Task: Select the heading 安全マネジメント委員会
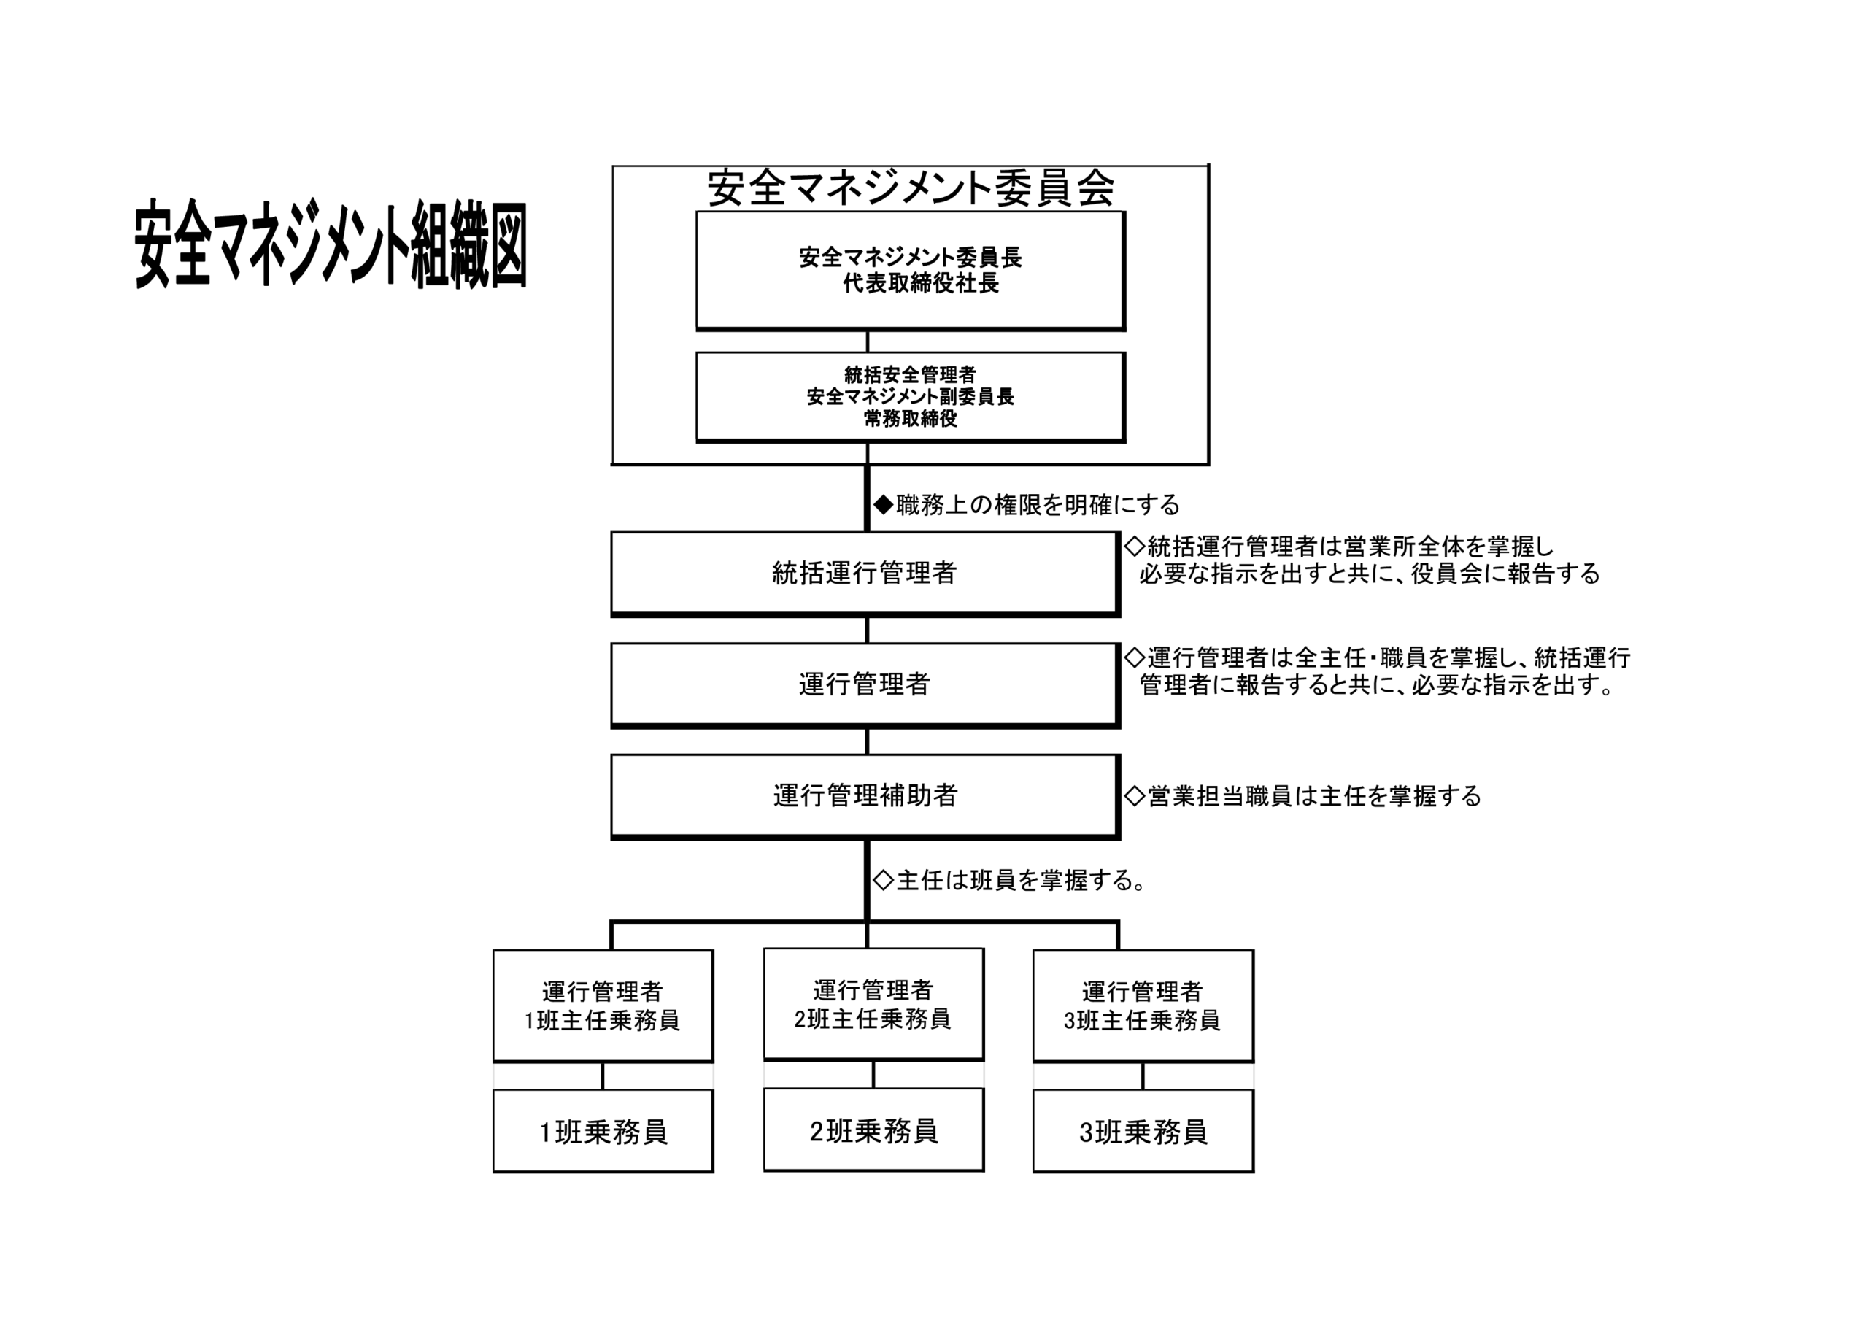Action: click(x=910, y=188)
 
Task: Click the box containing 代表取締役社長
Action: click(x=910, y=270)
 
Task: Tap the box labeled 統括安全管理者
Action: click(x=910, y=396)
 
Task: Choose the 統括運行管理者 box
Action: click(x=864, y=573)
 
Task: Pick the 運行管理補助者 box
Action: click(x=864, y=795)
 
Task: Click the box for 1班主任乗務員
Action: click(x=603, y=1005)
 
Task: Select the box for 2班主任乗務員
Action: click(x=873, y=1003)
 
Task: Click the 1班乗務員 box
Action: click(x=603, y=1131)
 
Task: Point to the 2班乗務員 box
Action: click(x=873, y=1130)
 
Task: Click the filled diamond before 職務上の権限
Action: click(x=883, y=504)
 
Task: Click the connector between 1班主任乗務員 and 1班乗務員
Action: click(x=603, y=1075)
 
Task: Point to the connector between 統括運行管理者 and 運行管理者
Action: click(x=868, y=629)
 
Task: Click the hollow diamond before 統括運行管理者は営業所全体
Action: click(x=1134, y=545)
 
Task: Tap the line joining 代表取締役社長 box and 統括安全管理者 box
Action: click(x=868, y=341)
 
